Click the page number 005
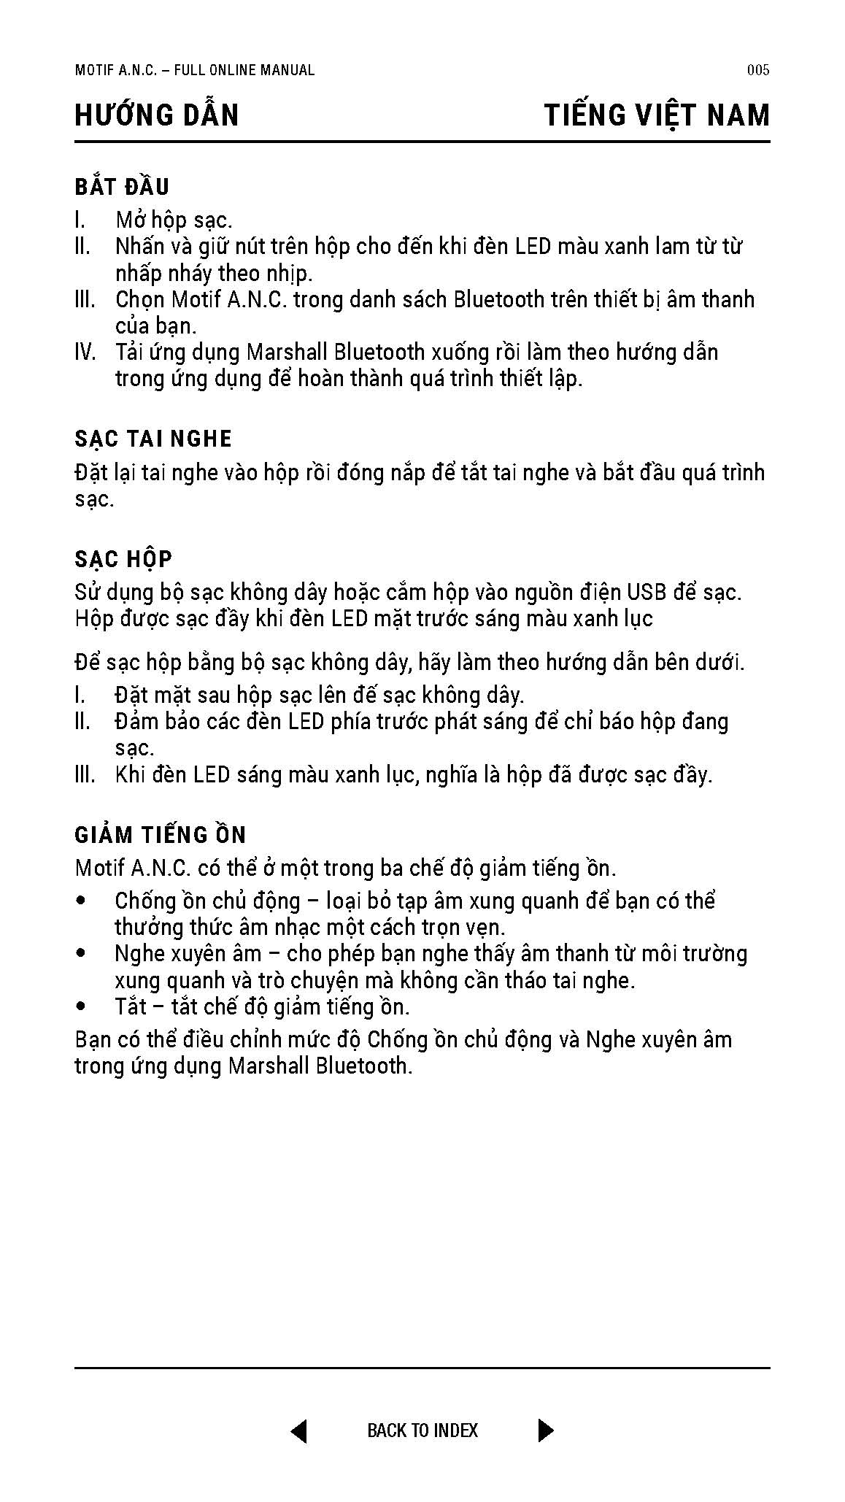(x=758, y=70)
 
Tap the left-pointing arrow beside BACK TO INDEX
(x=299, y=1430)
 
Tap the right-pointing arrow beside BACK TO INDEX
(x=545, y=1430)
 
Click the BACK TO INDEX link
(x=422, y=1430)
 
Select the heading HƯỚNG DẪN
(x=157, y=115)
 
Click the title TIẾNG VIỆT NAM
(x=657, y=115)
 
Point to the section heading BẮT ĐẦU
(x=122, y=187)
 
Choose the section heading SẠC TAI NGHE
(x=153, y=439)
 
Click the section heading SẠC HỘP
(x=123, y=559)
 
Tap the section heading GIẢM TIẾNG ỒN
(x=161, y=835)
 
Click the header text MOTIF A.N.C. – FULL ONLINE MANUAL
(x=195, y=70)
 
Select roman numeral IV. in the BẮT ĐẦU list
(x=85, y=353)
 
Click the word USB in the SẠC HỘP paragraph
(x=647, y=592)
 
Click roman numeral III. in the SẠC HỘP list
(x=85, y=775)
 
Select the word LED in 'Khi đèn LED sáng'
(x=212, y=775)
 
